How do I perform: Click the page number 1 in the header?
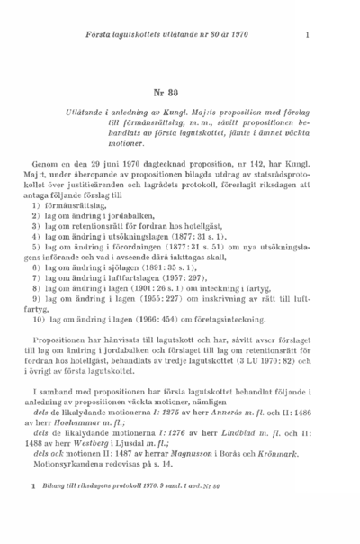(x=308, y=35)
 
